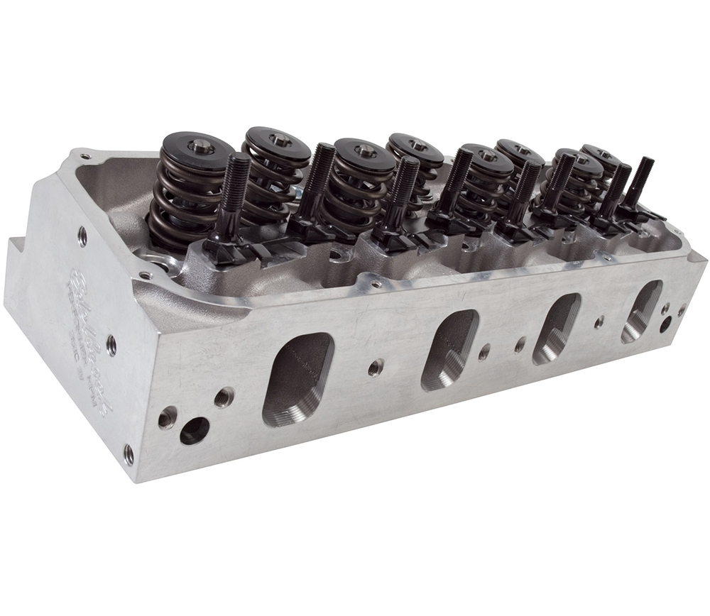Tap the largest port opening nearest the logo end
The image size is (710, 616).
(298, 379)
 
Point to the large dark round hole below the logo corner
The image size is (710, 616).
(194, 430)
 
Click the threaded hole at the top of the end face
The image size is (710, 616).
(82, 236)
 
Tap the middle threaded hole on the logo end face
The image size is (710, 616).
(111, 346)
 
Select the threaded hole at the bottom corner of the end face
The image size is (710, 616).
(129, 453)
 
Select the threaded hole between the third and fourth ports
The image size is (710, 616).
(599, 321)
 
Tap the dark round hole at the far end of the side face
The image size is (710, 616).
(665, 325)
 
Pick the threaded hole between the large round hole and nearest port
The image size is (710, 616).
(224, 397)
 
